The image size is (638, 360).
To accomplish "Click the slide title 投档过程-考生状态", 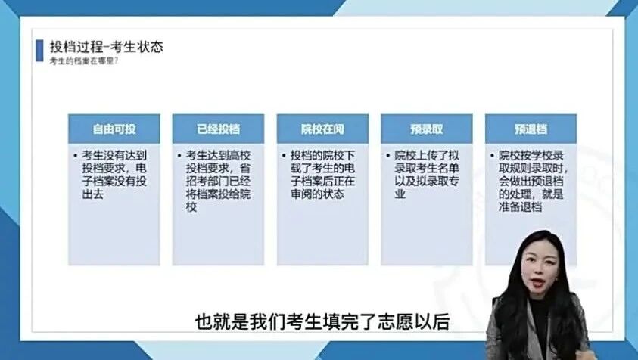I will (x=106, y=47).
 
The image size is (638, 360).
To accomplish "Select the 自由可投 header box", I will (x=114, y=129).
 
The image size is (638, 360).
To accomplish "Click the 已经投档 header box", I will (x=218, y=129).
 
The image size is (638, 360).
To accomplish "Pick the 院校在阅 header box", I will (x=322, y=129).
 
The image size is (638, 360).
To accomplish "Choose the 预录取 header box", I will (x=426, y=129).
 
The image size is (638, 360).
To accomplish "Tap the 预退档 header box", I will (x=531, y=129).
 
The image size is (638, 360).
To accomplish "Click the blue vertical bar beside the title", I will (x=40, y=51).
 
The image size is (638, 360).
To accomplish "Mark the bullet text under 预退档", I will (x=534, y=181).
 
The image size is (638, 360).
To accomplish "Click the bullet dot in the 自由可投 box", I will (x=76, y=154).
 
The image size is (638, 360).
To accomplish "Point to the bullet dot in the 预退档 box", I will (x=493, y=154).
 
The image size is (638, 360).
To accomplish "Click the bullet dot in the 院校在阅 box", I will (x=285, y=154).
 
